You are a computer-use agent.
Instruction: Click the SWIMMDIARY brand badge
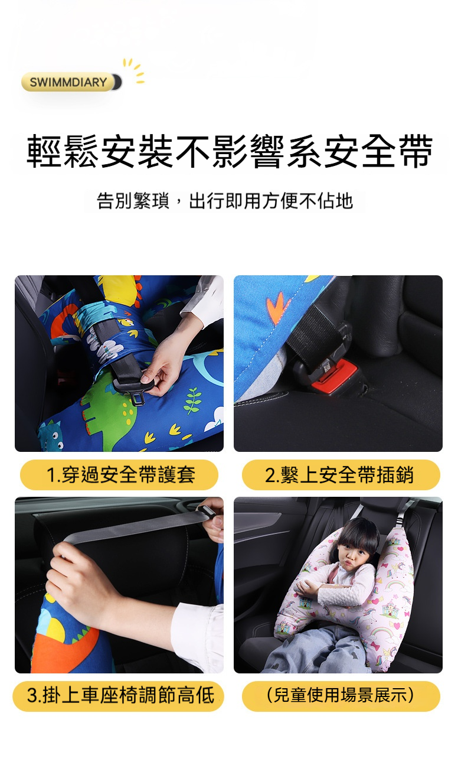(x=71, y=82)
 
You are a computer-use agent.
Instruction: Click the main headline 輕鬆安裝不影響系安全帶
(x=230, y=151)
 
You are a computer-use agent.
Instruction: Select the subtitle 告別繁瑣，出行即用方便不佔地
(x=225, y=201)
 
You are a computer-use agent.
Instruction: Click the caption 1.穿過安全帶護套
(x=120, y=474)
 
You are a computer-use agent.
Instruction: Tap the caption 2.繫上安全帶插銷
(x=339, y=474)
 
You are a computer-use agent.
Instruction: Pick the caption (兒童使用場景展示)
(x=341, y=696)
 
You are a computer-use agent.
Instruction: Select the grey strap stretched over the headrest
(x=135, y=527)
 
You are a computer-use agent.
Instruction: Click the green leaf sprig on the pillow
(x=193, y=400)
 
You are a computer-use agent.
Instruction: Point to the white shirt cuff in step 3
(x=197, y=637)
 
